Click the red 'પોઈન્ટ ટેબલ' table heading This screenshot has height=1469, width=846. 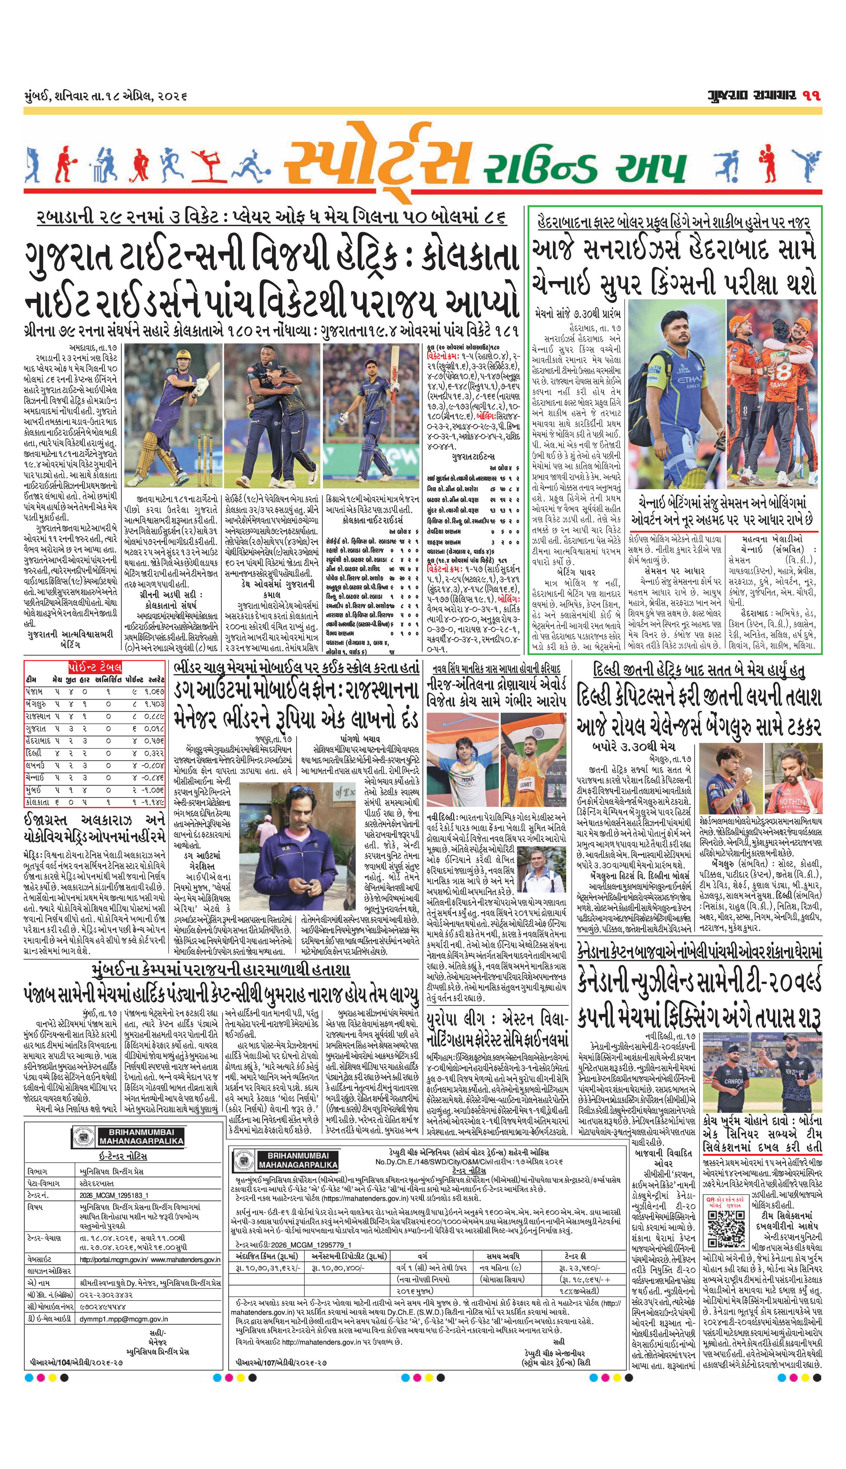point(95,667)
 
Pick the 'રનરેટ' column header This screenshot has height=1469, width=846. point(156,679)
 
